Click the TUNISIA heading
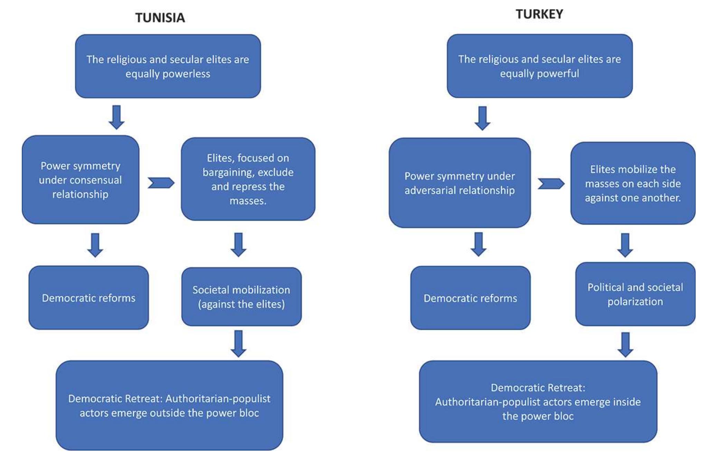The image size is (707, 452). pos(160,18)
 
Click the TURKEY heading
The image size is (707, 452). pos(539,14)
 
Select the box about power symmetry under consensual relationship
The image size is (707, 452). pos(81,180)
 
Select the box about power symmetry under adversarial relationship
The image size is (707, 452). pos(460,183)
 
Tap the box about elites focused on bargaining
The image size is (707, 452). pos(248,179)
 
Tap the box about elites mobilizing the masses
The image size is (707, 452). pos(633,183)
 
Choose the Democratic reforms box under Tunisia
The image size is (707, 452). pos(88,298)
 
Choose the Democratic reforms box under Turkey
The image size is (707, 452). pos(470,298)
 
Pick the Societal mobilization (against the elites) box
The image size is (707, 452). pos(241,297)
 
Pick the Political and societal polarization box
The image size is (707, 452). pos(635,294)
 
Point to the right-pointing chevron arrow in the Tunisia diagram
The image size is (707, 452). pos(161,183)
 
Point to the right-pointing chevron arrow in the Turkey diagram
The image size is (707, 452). pos(551,184)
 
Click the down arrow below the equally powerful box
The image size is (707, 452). pos(482,118)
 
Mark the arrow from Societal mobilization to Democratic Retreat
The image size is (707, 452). pos(238,343)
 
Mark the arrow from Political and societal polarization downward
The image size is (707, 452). pos(625,344)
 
